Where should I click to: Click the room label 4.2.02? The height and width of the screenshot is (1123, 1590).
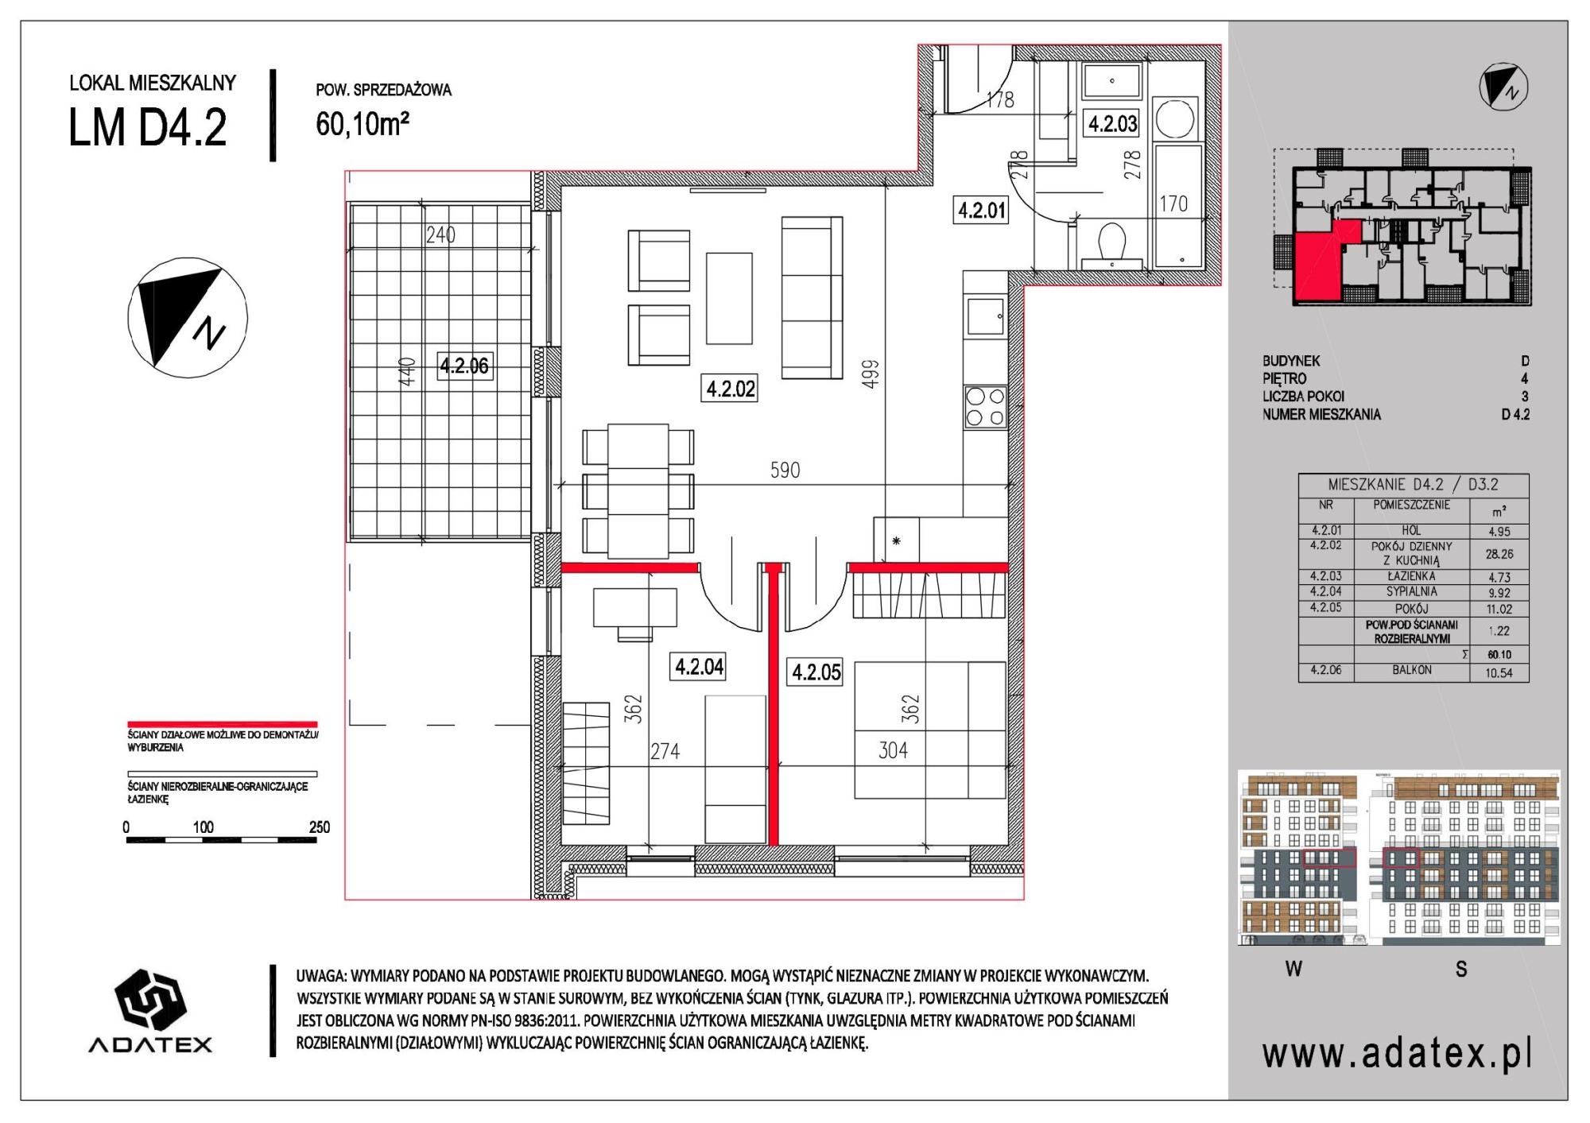click(731, 389)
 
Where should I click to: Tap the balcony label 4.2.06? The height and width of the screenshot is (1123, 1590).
click(464, 366)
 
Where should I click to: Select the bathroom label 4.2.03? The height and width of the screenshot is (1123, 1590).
click(1112, 123)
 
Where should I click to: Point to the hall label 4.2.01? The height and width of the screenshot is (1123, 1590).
click(982, 211)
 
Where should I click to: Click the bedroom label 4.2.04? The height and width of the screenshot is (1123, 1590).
click(699, 666)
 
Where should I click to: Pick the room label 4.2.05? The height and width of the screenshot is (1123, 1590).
click(816, 672)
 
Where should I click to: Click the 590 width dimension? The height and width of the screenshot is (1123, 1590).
click(785, 470)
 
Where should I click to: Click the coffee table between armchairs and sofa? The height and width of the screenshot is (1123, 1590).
click(729, 298)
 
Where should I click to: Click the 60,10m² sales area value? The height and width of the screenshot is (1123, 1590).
click(363, 123)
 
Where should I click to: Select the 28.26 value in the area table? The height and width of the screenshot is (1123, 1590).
click(1499, 554)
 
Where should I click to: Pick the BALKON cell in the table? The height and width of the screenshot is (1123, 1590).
click(1412, 670)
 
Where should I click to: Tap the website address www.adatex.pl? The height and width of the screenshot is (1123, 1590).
click(1397, 1054)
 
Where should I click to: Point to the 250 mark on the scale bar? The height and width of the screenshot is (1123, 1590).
click(319, 827)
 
